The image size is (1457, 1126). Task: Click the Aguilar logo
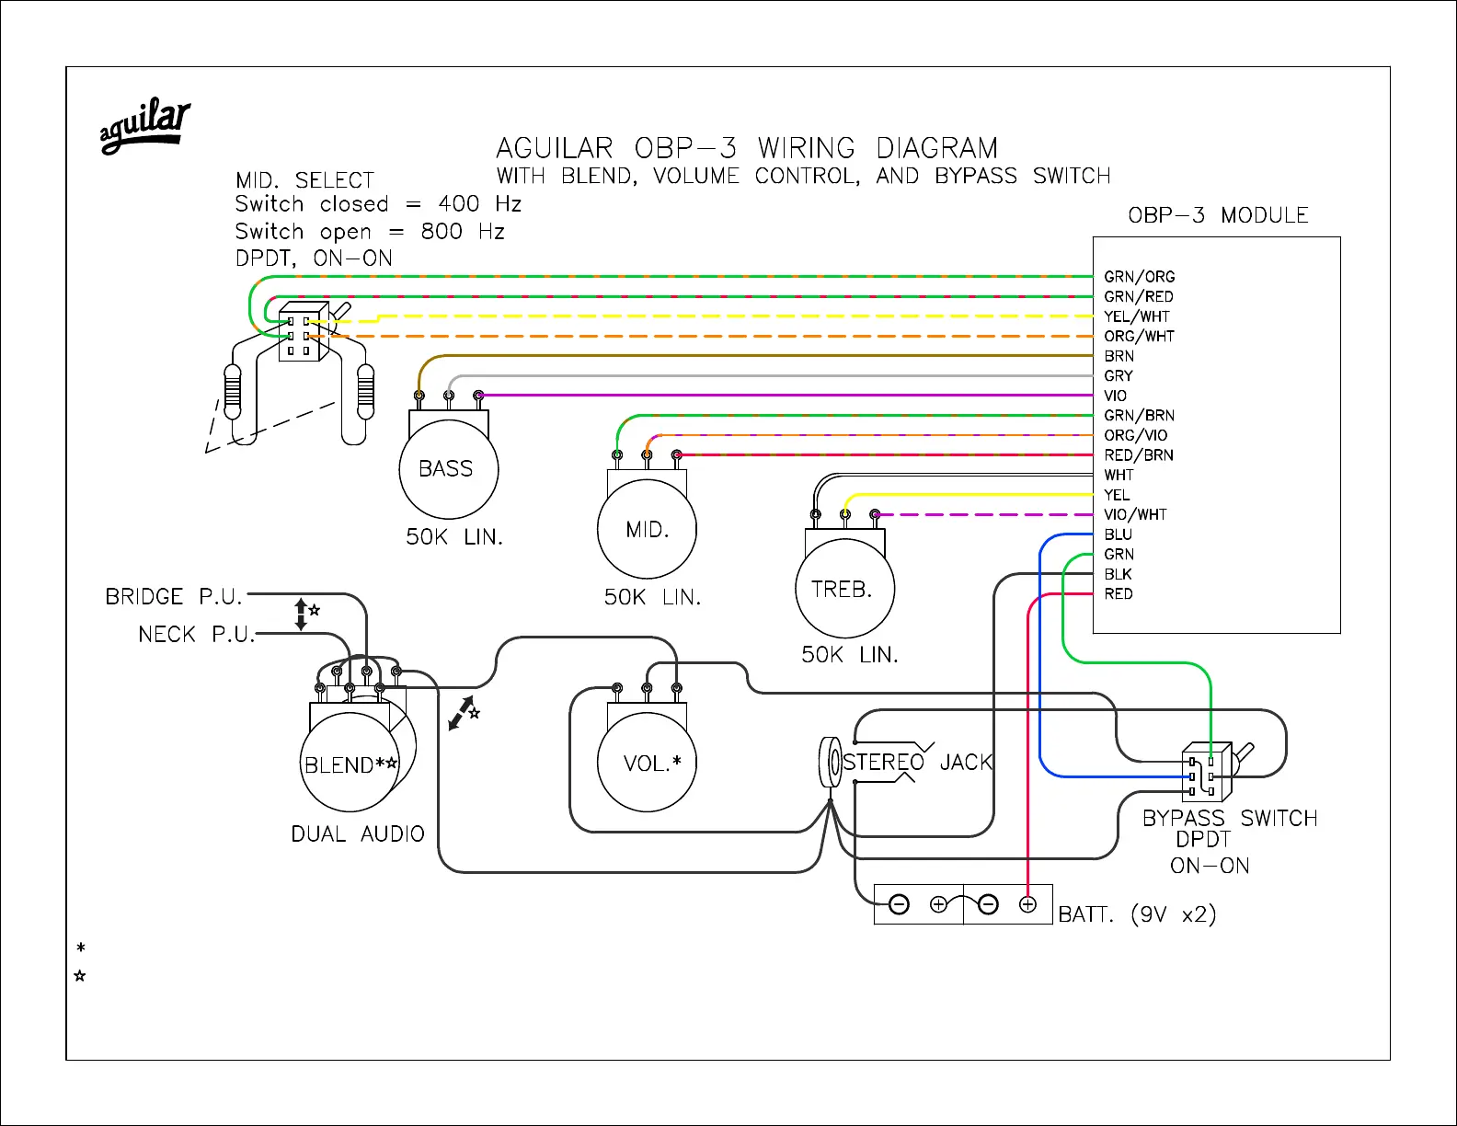tap(145, 126)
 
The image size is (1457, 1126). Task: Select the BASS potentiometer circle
tap(448, 469)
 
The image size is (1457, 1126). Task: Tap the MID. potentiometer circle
tap(647, 530)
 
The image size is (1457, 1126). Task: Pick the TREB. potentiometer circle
tap(844, 589)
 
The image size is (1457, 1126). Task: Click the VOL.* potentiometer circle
tap(647, 763)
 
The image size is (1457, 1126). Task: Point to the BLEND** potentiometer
tap(350, 764)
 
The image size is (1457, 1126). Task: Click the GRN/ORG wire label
tap(1139, 277)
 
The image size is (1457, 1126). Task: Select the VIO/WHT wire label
tap(1135, 515)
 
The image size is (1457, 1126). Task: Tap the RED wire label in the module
tap(1119, 594)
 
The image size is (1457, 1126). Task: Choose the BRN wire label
tap(1119, 356)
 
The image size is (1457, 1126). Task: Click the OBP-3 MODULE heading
tap(1218, 215)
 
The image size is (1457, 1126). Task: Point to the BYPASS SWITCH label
tap(1229, 818)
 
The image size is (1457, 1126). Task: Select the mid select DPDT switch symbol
tap(304, 333)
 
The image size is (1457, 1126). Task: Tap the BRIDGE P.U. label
tap(174, 597)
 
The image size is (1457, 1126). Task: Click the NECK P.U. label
tap(196, 635)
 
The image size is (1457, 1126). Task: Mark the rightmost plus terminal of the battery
tap(1027, 905)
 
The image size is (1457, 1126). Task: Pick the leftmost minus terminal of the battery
tap(900, 905)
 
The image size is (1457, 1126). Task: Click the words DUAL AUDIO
tap(358, 834)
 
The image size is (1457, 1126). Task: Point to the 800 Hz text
tap(463, 232)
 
